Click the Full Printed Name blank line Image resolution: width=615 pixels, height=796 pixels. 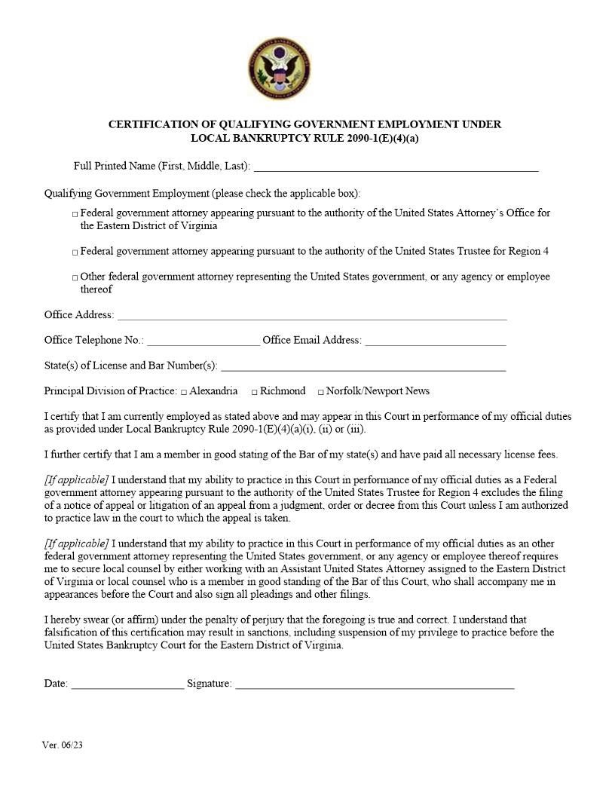396,167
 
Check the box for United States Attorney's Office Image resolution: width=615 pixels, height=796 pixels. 75,215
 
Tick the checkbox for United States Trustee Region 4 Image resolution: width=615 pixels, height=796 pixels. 75,253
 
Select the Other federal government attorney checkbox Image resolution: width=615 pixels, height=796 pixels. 75,278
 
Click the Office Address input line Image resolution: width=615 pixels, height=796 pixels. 311,317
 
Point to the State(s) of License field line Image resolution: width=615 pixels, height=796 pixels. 363,368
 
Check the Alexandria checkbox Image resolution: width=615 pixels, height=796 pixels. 184,392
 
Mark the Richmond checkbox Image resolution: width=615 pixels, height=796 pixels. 255,392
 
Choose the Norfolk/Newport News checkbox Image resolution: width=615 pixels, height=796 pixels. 320,392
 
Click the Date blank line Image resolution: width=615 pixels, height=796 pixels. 127,685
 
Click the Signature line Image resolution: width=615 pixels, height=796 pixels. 375,685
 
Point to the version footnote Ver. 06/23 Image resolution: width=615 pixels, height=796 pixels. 63,745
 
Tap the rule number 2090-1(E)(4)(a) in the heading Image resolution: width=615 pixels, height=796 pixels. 369,138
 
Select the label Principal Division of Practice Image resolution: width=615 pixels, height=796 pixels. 111,390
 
